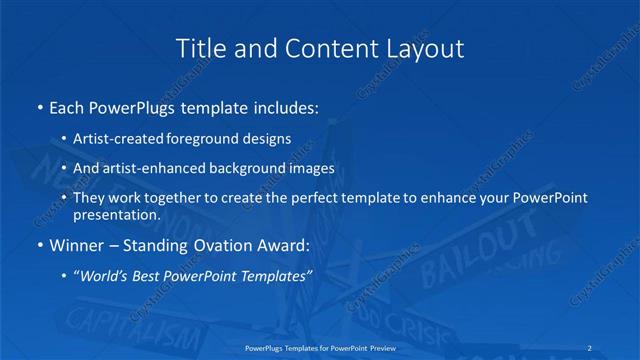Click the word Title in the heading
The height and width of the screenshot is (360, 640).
(x=199, y=47)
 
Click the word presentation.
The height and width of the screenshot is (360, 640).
(x=117, y=214)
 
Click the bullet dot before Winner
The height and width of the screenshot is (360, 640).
(x=39, y=245)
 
